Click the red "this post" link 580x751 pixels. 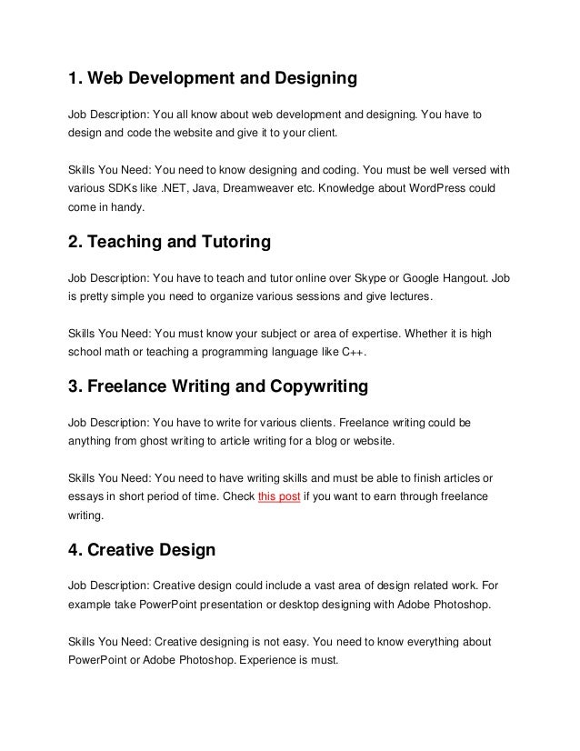[280, 496]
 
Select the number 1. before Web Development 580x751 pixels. [75, 80]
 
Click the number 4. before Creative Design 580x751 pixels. [76, 550]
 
